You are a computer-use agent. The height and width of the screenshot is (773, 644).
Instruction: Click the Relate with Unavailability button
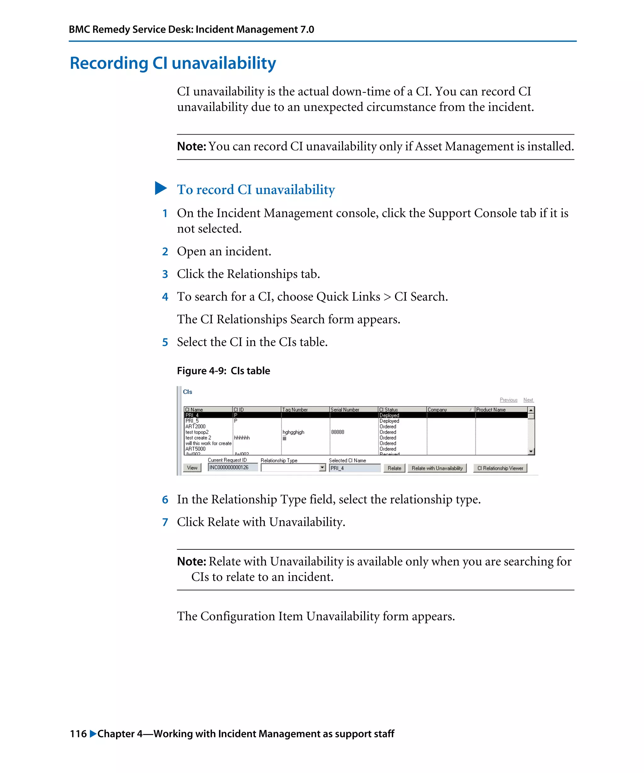[x=437, y=468]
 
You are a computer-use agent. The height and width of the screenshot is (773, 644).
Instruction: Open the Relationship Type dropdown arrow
[x=322, y=468]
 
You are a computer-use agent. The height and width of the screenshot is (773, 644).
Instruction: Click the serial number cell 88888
[x=337, y=432]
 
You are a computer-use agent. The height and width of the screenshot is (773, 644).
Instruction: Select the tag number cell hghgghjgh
[x=293, y=432]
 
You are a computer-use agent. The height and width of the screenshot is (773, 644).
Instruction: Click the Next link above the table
[x=528, y=400]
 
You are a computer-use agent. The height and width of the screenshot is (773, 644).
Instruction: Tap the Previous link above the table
[x=508, y=400]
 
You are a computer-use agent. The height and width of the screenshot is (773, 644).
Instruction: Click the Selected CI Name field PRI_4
[x=354, y=468]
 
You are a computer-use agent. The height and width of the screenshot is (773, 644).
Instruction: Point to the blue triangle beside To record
[x=160, y=188]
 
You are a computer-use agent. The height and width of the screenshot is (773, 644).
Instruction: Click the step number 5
[x=165, y=342]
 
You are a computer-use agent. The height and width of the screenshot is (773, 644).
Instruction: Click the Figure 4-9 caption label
[x=223, y=371]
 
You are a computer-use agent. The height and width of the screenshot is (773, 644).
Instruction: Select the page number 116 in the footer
[x=78, y=734]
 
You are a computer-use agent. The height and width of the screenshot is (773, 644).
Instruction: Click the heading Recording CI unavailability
[x=173, y=63]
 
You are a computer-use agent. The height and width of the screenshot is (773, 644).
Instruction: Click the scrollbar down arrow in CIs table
[x=531, y=451]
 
